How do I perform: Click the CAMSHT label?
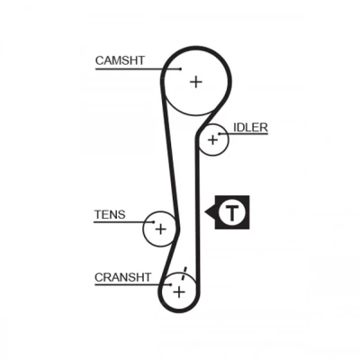(x=120, y=60)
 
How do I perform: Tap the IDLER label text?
(x=250, y=128)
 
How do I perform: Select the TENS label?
(x=110, y=214)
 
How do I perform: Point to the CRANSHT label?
(x=123, y=277)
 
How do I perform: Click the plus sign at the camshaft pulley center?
(x=196, y=82)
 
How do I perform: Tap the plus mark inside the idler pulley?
(x=212, y=139)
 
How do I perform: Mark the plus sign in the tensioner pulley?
(x=161, y=229)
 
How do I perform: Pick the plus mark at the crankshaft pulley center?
(x=179, y=292)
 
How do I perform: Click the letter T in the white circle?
(x=232, y=212)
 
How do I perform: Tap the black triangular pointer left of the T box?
(x=211, y=212)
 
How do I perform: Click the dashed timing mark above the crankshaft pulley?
(x=184, y=273)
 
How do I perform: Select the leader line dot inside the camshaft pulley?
(x=180, y=69)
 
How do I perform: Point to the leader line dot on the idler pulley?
(x=220, y=134)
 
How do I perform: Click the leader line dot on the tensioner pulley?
(x=154, y=222)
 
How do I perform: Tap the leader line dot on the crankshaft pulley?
(x=171, y=284)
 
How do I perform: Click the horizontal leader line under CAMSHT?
(x=138, y=69)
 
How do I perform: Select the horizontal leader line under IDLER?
(x=243, y=134)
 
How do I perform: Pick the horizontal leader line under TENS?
(x=124, y=222)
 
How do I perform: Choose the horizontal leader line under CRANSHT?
(x=133, y=284)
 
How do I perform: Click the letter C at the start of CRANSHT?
(x=99, y=277)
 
